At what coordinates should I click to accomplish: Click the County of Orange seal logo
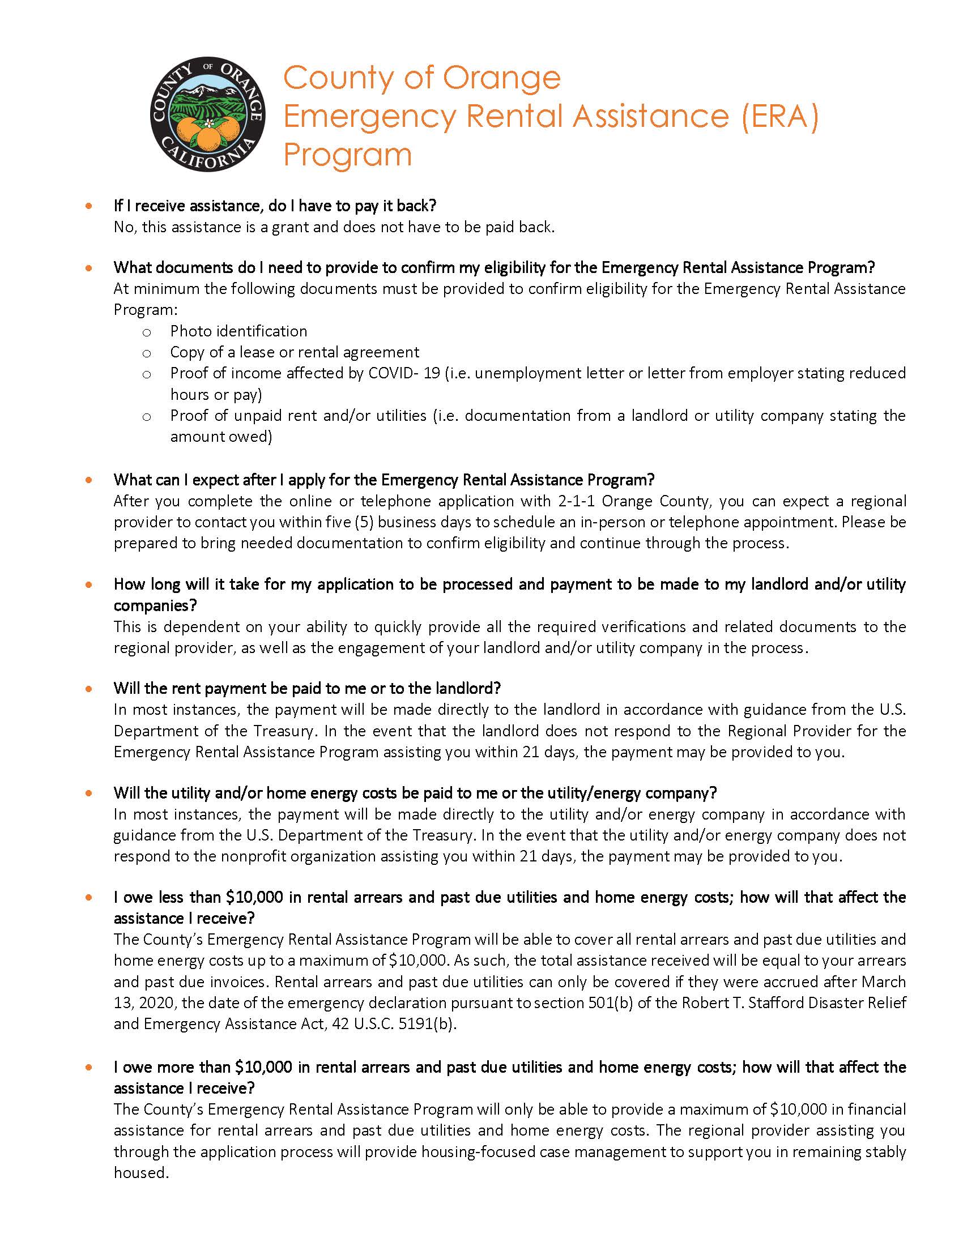click(208, 114)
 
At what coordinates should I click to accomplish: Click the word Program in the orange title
click(347, 154)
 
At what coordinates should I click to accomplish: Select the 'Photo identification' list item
click(238, 331)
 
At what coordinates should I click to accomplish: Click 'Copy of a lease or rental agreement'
click(295, 353)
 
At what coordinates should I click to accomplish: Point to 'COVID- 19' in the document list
click(404, 374)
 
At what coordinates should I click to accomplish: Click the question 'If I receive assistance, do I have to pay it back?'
click(275, 206)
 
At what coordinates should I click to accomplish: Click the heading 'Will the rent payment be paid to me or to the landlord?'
click(307, 689)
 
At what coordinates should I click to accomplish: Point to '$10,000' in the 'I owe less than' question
click(254, 898)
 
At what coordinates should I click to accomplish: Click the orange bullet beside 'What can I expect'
click(88, 480)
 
